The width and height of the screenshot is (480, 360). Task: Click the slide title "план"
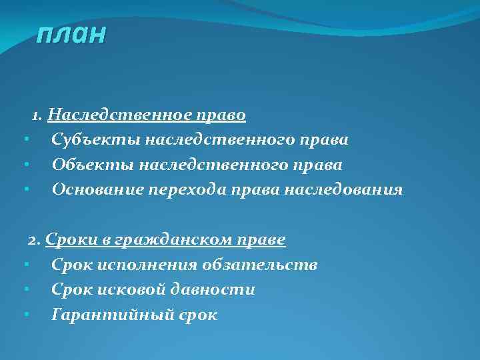click(x=71, y=33)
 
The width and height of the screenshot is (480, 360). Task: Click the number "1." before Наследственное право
click(x=38, y=115)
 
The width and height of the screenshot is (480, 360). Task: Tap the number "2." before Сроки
click(x=35, y=239)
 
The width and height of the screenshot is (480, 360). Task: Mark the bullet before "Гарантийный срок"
click(x=25, y=315)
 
